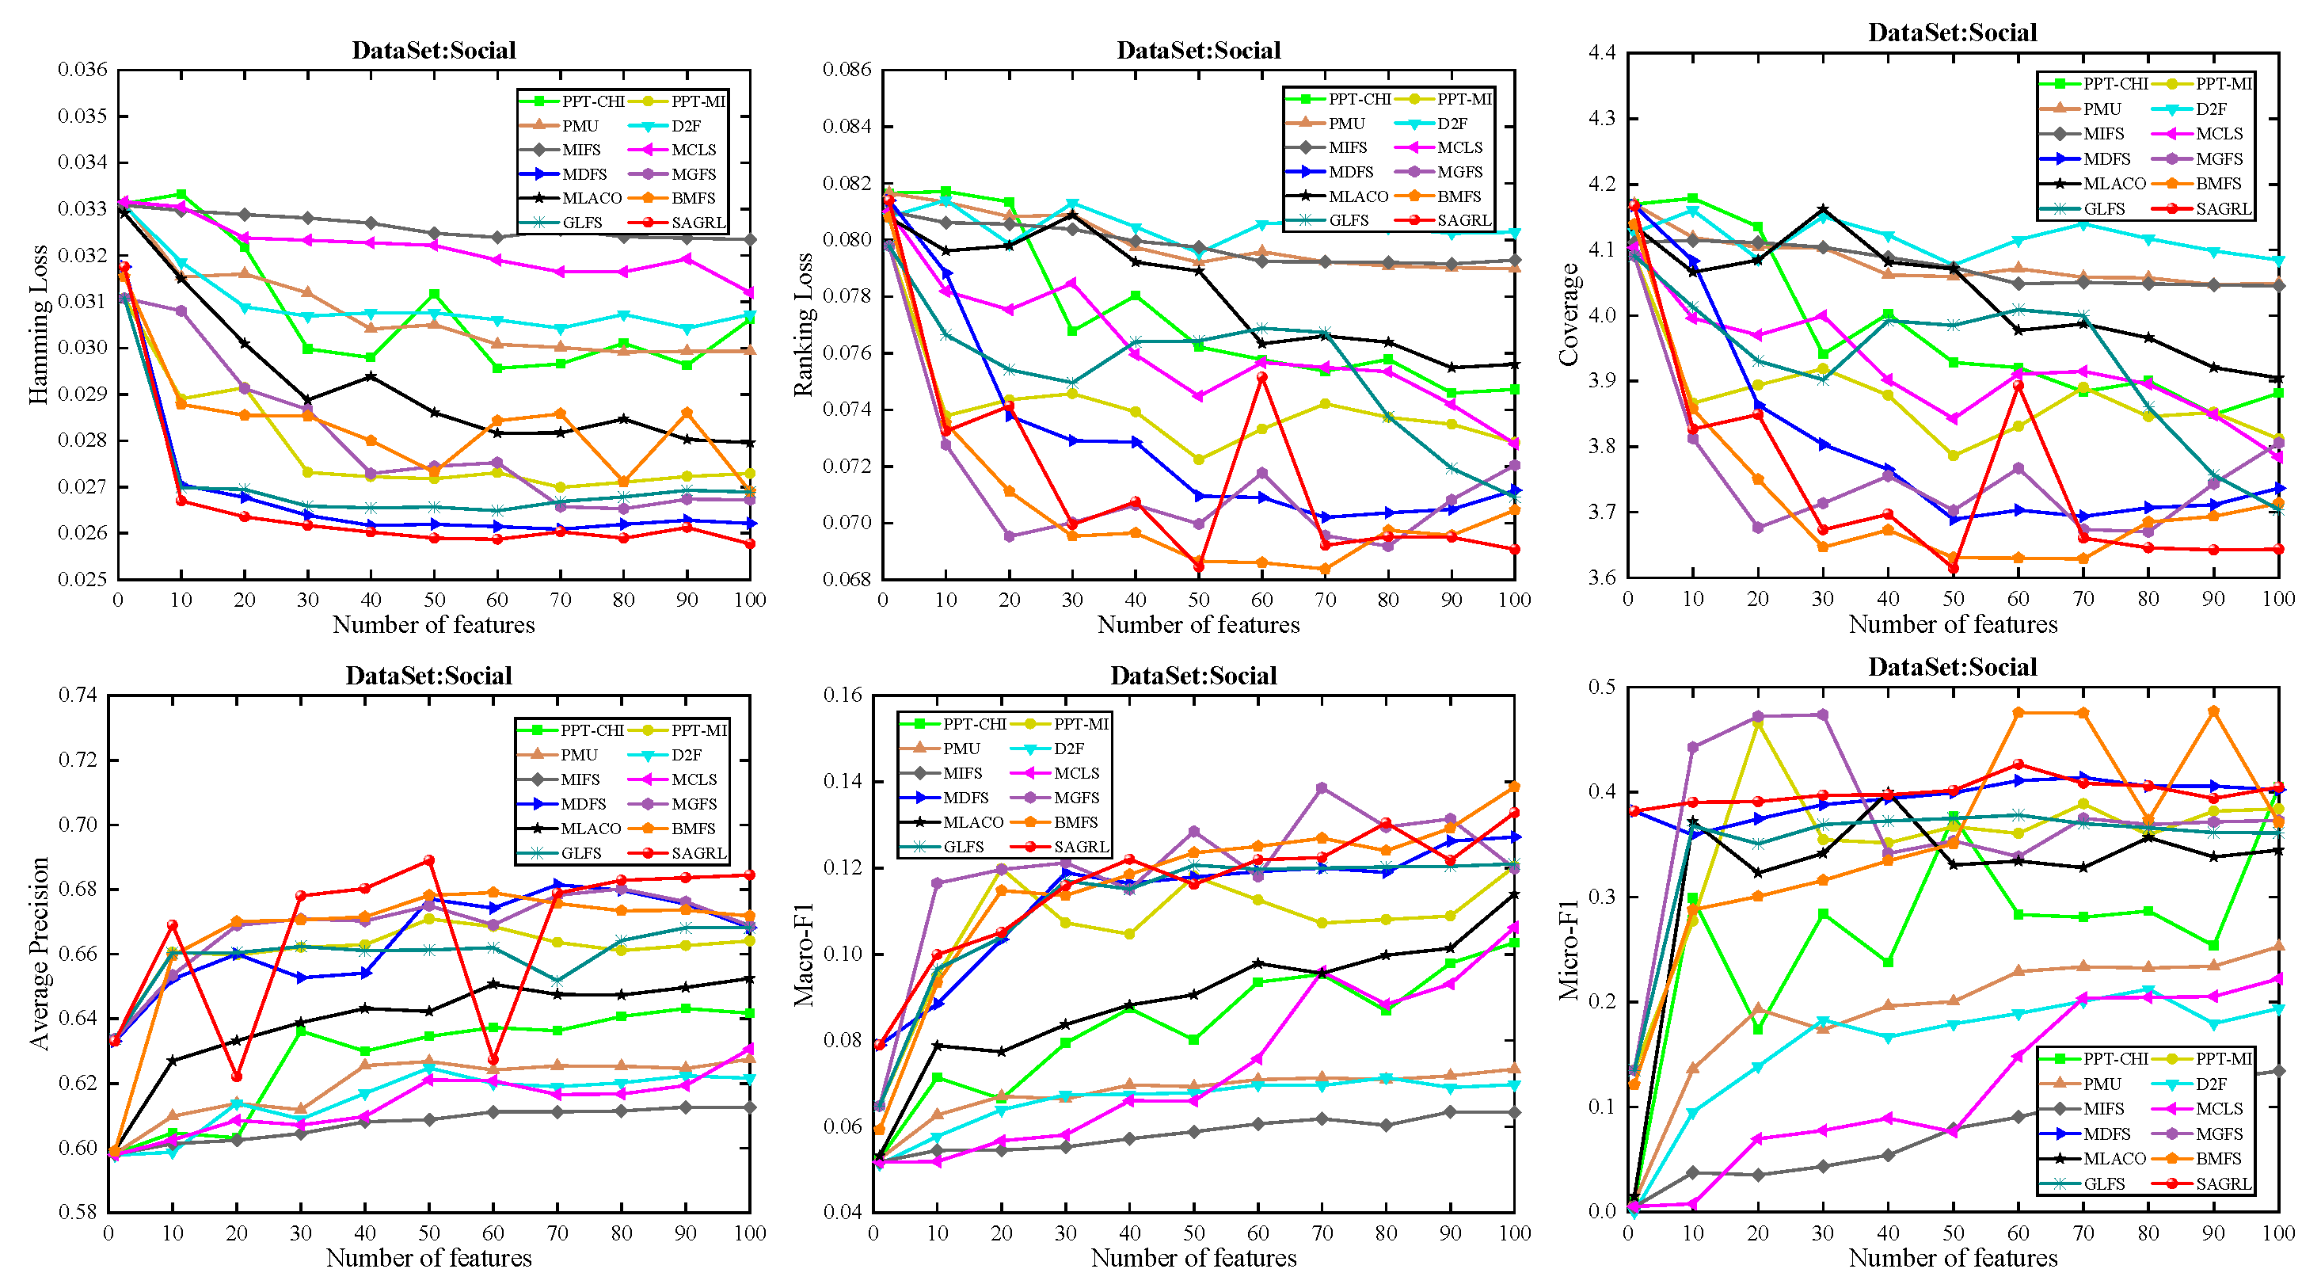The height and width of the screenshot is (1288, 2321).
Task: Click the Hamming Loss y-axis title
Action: [38, 325]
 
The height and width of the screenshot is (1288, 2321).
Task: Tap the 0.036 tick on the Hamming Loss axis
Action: [83, 70]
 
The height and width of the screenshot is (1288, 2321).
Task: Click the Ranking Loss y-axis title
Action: [803, 325]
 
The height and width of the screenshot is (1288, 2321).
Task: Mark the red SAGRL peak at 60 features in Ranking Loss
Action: [1262, 377]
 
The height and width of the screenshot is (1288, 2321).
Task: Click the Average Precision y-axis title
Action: [38, 954]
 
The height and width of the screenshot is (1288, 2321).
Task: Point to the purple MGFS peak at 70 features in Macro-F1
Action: [1322, 787]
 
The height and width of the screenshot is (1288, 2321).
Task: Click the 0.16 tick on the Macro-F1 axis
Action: [843, 695]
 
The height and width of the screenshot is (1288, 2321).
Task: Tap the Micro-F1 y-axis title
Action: [1569, 948]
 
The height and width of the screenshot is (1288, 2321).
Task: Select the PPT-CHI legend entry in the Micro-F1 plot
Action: [2114, 1058]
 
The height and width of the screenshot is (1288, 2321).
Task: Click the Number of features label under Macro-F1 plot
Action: [1194, 1258]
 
